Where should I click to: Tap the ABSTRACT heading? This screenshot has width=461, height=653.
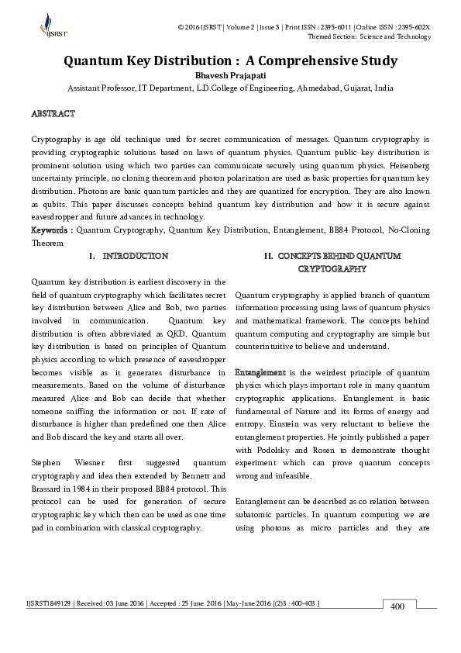click(x=53, y=114)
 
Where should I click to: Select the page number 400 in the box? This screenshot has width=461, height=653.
click(x=397, y=606)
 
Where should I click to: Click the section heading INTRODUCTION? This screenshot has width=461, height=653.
click(x=135, y=255)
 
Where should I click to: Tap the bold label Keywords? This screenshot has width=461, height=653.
click(x=50, y=230)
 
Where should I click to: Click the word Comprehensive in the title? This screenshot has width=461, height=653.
click(x=309, y=60)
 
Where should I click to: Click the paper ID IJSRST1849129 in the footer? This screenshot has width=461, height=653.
click(x=49, y=603)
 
